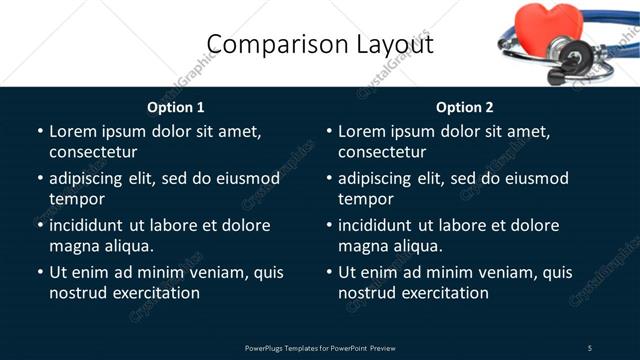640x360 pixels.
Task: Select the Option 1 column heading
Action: (176, 107)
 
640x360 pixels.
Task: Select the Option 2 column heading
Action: (465, 107)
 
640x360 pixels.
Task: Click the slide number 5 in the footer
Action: (590, 347)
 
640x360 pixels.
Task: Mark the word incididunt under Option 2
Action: (375, 225)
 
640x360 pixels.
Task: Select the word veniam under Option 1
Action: (206, 272)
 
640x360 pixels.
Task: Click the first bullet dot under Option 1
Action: (39, 131)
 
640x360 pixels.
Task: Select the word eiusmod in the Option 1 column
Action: (245, 178)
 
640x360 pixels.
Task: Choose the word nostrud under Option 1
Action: (78, 293)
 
